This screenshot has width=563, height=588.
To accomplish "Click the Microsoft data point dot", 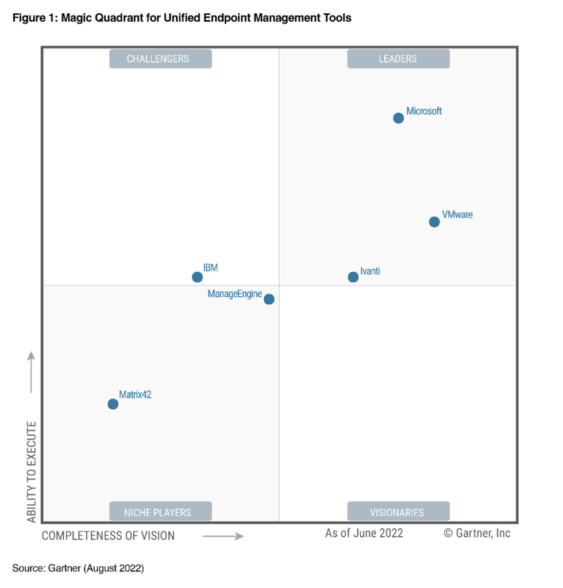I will coord(398,118).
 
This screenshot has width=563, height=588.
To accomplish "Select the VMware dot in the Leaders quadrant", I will coord(434,222).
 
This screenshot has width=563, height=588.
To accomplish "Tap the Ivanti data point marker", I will coord(353,277).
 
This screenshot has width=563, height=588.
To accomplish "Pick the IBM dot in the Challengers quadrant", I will coord(197,277).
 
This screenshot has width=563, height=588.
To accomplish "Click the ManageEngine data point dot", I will coord(269,299).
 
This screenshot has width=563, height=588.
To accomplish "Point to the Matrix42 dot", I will coord(113,404).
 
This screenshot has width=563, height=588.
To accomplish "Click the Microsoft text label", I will coord(424,111).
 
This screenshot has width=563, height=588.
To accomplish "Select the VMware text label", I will coord(457,215).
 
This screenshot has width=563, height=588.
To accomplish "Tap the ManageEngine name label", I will coord(234,294).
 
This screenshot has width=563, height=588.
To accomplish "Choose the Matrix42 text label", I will coord(135,394).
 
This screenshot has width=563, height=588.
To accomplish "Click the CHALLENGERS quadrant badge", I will coord(160,59).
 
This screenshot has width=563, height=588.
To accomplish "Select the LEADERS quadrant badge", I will coord(398,59).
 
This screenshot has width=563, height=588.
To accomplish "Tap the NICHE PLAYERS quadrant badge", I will coord(160,512).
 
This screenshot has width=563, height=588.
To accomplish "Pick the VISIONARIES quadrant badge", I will coord(398,512).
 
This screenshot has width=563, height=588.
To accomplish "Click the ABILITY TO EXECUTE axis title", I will coord(32,472).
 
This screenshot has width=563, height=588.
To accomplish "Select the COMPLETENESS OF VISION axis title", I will coord(108,536).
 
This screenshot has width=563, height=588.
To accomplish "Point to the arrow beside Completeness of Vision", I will coord(223,536).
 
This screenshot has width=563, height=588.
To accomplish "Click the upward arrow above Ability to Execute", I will coord(32,373).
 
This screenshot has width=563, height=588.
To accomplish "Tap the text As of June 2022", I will coord(364,533).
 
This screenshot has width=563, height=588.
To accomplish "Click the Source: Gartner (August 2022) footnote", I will coord(78,568).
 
